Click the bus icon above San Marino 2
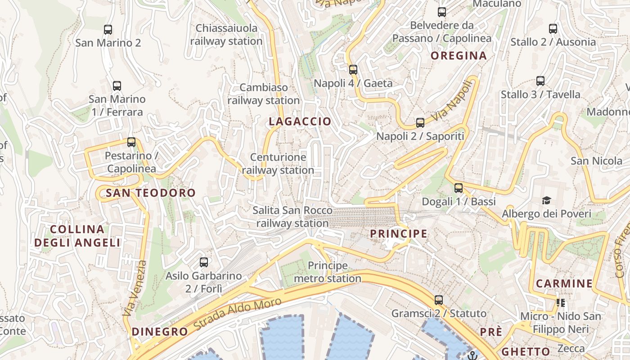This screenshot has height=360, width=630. (x=108, y=30)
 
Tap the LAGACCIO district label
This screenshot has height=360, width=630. (x=300, y=121)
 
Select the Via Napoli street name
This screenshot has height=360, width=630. (x=453, y=101)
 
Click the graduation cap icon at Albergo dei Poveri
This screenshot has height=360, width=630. (x=546, y=200)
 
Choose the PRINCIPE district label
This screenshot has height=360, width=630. (x=398, y=234)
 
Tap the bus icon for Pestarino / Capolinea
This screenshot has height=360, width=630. (x=131, y=142)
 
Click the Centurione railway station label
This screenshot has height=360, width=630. (x=278, y=164)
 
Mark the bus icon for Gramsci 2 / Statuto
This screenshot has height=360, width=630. (x=439, y=300)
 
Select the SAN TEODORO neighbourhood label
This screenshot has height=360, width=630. (x=150, y=193)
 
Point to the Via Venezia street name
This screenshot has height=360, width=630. (x=134, y=288)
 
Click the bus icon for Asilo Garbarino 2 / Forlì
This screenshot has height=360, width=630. (x=204, y=262)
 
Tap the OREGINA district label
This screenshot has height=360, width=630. (x=459, y=56)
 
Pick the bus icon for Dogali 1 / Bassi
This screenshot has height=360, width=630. (x=459, y=188)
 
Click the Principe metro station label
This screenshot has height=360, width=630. (x=328, y=272)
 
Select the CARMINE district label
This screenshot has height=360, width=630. (x=564, y=284)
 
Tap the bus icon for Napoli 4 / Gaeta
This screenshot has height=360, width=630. (x=353, y=70)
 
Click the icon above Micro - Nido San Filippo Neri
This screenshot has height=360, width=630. (x=561, y=303)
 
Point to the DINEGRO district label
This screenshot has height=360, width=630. (x=160, y=332)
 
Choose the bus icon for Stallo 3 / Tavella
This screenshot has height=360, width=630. (x=540, y=81)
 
